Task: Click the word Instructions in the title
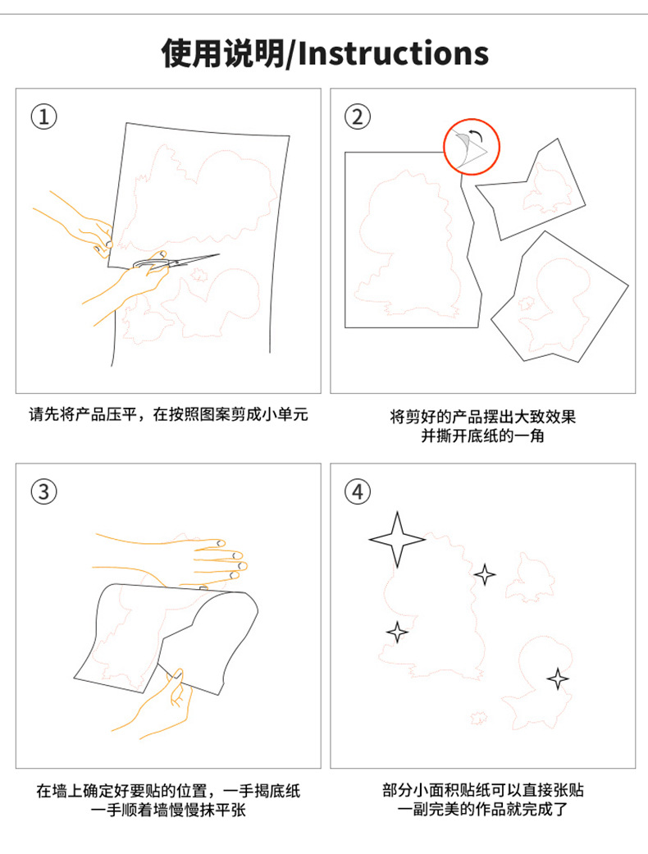(x=393, y=53)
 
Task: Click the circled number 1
(x=43, y=116)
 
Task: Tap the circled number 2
(x=358, y=116)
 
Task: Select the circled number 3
(x=43, y=492)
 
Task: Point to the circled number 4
(x=358, y=492)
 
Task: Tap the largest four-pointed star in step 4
(x=397, y=539)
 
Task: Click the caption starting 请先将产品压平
(x=168, y=414)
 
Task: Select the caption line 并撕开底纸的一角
(x=482, y=436)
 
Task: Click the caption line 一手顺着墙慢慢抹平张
(x=168, y=810)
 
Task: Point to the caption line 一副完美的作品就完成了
(x=482, y=809)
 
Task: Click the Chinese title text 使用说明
(x=223, y=53)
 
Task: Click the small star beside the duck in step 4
(x=557, y=678)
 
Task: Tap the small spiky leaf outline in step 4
(x=479, y=718)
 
